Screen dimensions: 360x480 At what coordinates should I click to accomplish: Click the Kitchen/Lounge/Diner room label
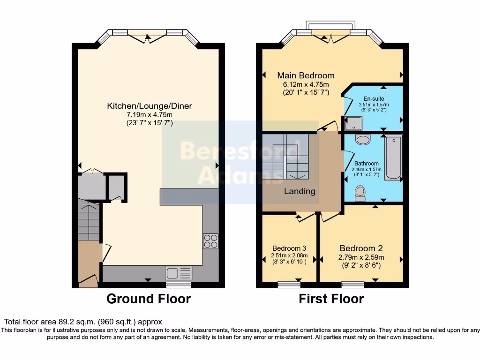click(150, 106)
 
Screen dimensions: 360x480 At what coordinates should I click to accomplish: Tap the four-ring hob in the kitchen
click(210, 241)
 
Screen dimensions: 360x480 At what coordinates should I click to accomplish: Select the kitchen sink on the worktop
click(179, 273)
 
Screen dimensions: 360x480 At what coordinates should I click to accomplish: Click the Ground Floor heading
click(149, 299)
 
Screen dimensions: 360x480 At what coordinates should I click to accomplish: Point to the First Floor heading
click(331, 299)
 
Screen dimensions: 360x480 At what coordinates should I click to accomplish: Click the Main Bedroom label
click(306, 75)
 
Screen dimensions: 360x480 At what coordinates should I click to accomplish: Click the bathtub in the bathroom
click(394, 157)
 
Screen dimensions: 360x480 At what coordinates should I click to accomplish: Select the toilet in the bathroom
click(360, 193)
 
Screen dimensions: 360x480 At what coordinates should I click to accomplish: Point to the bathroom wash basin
click(362, 140)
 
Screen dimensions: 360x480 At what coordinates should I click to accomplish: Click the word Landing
click(300, 191)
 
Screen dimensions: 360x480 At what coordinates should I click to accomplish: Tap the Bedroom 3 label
click(289, 248)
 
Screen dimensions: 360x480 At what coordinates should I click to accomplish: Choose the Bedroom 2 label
click(364, 248)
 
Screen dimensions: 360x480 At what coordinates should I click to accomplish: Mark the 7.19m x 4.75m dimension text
click(150, 115)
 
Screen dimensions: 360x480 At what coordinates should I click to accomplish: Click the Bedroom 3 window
click(289, 284)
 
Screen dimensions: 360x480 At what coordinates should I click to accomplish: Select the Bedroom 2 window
click(352, 284)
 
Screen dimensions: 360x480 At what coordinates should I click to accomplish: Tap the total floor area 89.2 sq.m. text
click(83, 322)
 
